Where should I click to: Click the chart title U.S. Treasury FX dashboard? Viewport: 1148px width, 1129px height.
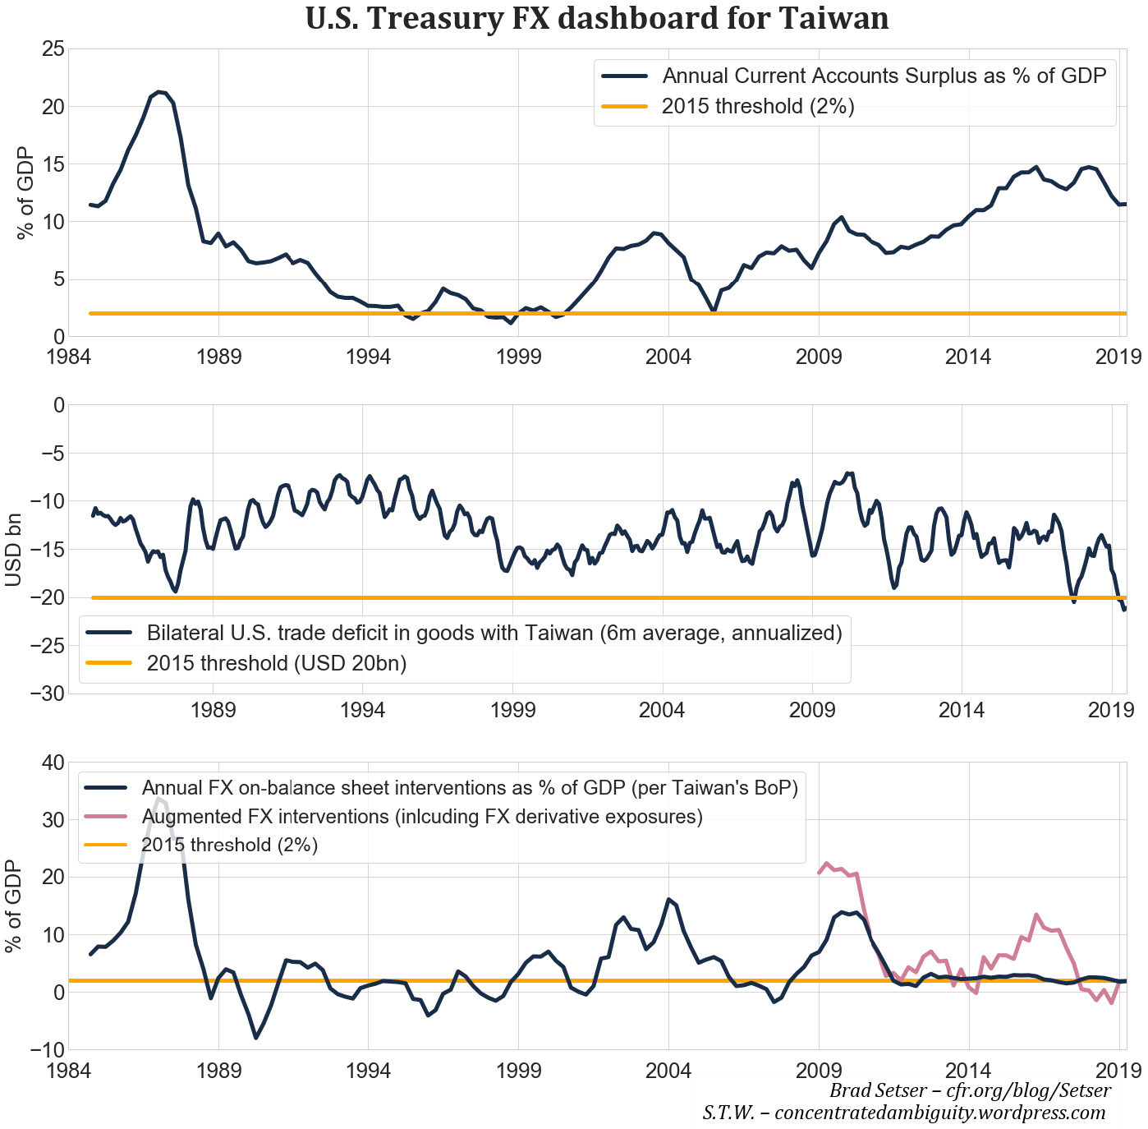coord(597,18)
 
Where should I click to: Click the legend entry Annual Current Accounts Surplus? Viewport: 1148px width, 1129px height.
coord(884,76)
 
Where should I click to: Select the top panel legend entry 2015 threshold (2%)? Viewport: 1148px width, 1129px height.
coord(758,106)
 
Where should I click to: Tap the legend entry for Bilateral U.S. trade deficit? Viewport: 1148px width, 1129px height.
coord(494,633)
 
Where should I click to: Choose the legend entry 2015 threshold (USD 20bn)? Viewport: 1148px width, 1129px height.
coord(277,663)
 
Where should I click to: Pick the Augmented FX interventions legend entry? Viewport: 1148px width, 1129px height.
coord(422,817)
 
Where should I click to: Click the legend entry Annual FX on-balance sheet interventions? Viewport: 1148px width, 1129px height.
coord(470,788)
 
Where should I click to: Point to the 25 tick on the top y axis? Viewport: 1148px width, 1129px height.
coord(53,49)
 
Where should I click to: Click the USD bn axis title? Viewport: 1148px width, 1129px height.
coord(14,549)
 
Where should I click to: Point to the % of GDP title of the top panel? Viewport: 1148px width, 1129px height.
coord(25,192)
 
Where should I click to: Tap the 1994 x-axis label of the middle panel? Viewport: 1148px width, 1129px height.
coord(362,710)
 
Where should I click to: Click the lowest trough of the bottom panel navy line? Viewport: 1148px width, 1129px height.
coord(256,1038)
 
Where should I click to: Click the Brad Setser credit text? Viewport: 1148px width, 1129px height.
coord(970,1091)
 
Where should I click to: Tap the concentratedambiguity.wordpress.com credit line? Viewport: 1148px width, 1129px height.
coord(903,1113)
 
